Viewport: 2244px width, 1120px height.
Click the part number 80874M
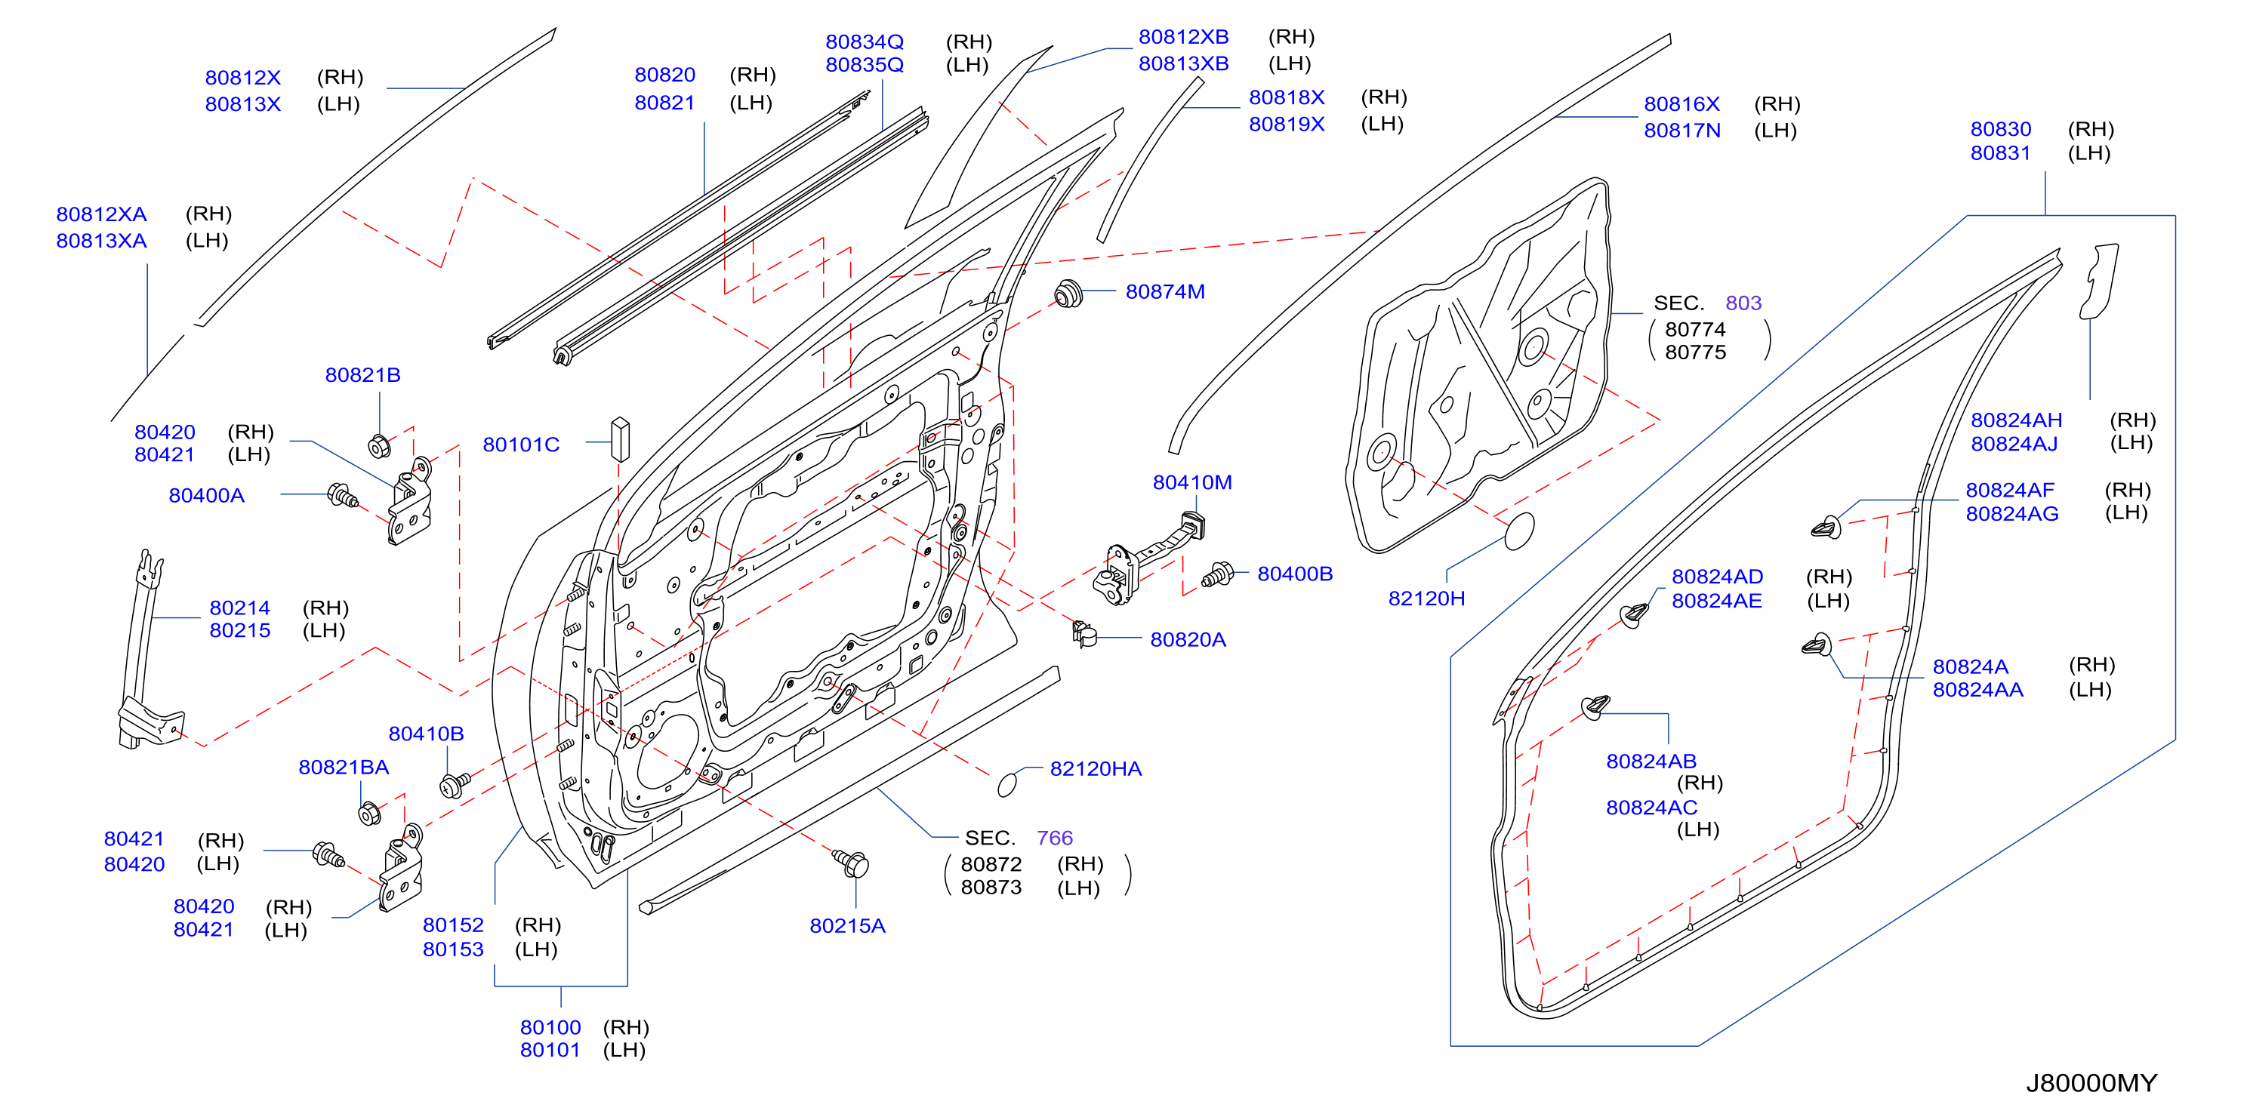click(1165, 292)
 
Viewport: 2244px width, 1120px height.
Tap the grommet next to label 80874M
click(1067, 294)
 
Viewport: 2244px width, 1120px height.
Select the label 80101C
click(521, 445)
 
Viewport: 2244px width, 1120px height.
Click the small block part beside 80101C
click(619, 439)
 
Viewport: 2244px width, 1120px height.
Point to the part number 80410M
click(1191, 482)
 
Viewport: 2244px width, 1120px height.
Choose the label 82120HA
click(1095, 769)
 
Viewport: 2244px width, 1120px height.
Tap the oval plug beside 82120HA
click(1007, 784)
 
